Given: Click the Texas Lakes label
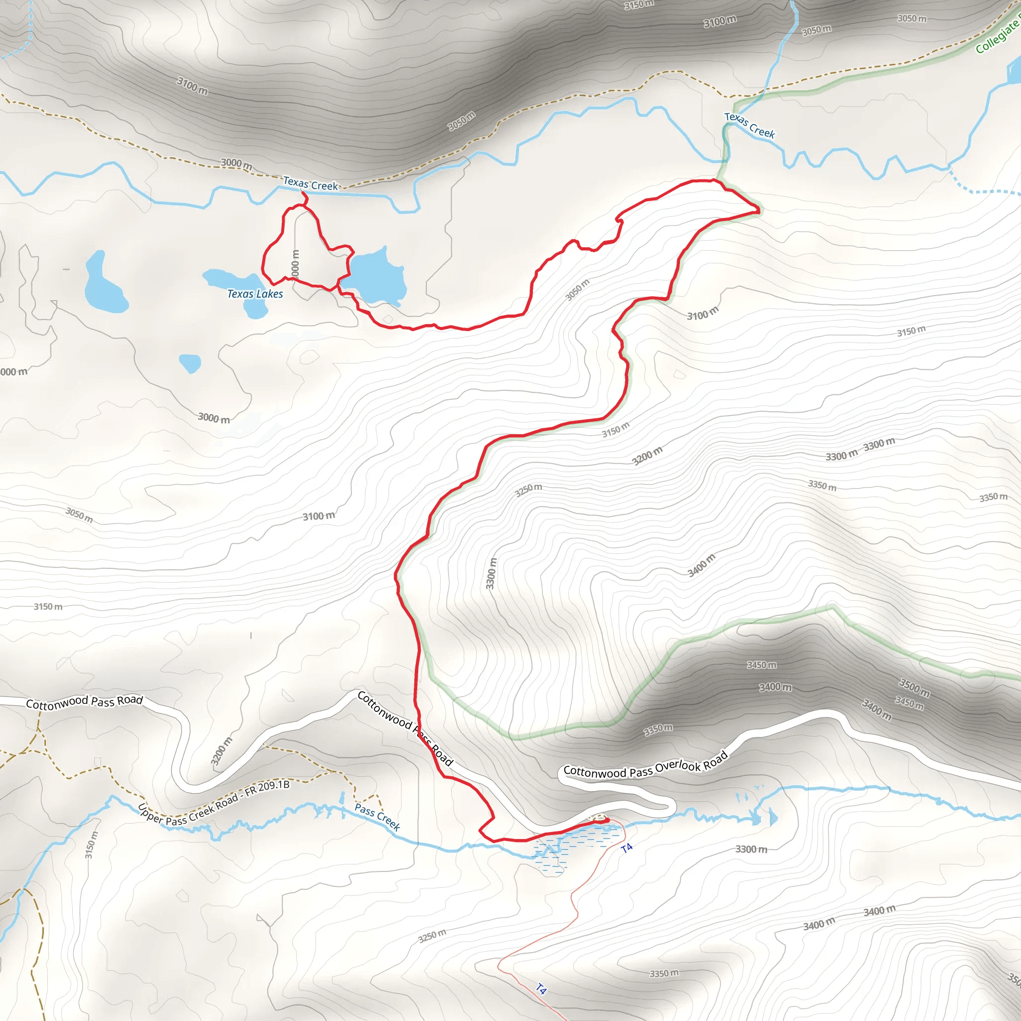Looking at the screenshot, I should [x=255, y=294].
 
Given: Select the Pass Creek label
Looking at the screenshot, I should [x=377, y=817].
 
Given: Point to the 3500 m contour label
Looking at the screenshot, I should [x=914, y=687].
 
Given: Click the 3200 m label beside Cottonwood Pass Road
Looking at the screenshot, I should [x=221, y=751].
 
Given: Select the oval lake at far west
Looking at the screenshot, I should [x=105, y=284].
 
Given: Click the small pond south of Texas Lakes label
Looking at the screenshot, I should [x=190, y=363].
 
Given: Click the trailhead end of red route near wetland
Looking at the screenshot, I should [x=607, y=820].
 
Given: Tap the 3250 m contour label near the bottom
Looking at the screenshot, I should [x=432, y=936].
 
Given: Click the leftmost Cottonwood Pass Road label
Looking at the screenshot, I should [x=85, y=702].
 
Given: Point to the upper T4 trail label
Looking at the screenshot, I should [x=627, y=848].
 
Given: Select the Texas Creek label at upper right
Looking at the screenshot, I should [x=749, y=125].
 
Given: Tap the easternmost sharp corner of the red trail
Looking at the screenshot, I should [x=759, y=211].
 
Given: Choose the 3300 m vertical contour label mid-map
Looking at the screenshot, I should [x=491, y=573].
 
